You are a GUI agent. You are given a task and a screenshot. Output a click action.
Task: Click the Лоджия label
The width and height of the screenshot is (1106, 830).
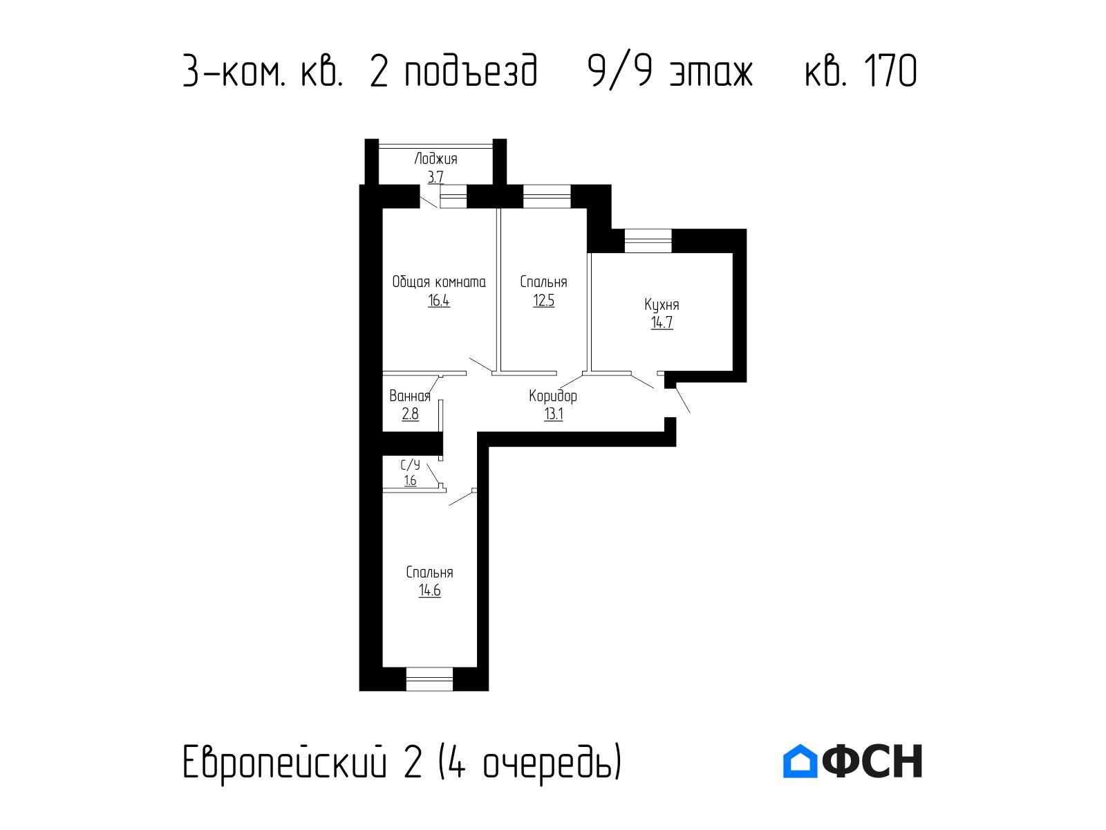click(x=435, y=159)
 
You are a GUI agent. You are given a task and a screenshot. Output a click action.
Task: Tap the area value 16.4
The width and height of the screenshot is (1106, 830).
click(x=439, y=301)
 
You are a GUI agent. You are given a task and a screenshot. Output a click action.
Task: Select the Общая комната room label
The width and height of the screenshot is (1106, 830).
click(x=439, y=282)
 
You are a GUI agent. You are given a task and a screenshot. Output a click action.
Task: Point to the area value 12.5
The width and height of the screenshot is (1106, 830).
click(x=544, y=301)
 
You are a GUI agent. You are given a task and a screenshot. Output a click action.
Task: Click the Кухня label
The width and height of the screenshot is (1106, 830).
click(x=662, y=305)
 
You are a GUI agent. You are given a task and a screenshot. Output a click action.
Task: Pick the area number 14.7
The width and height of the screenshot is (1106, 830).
click(x=662, y=322)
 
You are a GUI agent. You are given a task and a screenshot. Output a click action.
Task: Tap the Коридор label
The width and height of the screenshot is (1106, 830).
click(x=553, y=396)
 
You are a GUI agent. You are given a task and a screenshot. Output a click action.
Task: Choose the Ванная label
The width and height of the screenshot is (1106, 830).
click(x=410, y=396)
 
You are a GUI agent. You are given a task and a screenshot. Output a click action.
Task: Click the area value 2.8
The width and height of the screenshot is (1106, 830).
click(x=410, y=414)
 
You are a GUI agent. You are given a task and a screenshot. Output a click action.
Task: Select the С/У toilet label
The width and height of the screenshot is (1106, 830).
click(x=410, y=465)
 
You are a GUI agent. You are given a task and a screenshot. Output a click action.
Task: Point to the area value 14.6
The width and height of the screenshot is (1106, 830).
click(x=430, y=590)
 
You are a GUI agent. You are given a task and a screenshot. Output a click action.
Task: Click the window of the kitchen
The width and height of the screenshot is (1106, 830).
click(x=648, y=241)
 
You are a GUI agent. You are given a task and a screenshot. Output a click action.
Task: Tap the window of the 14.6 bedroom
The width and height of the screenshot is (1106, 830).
click(x=429, y=679)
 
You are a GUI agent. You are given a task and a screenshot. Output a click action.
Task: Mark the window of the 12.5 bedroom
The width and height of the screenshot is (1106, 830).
click(x=547, y=196)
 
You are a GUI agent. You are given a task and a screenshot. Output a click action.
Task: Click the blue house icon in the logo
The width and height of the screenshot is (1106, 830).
click(x=800, y=761)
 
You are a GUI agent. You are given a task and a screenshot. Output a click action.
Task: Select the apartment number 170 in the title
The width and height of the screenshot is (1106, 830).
click(x=890, y=71)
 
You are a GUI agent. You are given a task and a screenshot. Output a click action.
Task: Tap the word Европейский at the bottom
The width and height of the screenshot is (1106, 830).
click(x=285, y=764)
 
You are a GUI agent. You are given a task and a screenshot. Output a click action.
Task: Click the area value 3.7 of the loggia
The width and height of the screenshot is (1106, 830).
click(x=435, y=177)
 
